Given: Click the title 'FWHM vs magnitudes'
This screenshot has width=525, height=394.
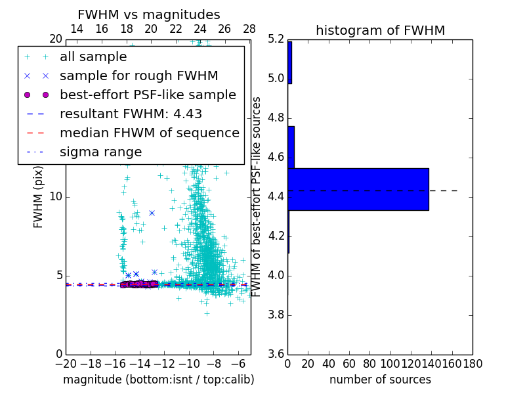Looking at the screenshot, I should pyautogui.click(x=149, y=14).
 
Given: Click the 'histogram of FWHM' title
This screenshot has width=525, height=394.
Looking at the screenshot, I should pyautogui.click(x=380, y=30).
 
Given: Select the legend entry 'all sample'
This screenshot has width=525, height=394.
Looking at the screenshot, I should pyautogui.click(x=93, y=56).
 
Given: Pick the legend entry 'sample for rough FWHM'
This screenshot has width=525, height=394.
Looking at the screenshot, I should pyautogui.click(x=138, y=76).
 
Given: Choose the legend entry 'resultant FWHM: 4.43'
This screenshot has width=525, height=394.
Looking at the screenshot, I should pyautogui.click(x=131, y=114).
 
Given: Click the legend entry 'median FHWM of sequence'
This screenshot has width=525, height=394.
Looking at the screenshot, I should pyautogui.click(x=149, y=133).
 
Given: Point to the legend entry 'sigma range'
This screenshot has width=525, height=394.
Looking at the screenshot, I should pyautogui.click(x=100, y=152).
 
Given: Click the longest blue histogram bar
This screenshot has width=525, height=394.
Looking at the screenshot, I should pyautogui.click(x=358, y=189).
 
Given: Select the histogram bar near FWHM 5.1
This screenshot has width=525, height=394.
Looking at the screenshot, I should pyautogui.click(x=289, y=62).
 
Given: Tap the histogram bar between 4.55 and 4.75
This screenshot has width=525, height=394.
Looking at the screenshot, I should pyautogui.click(x=291, y=147).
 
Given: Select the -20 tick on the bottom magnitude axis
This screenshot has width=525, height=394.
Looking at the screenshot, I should pyautogui.click(x=66, y=363).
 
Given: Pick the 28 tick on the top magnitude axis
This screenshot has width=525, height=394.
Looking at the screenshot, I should pyautogui.click(x=249, y=29).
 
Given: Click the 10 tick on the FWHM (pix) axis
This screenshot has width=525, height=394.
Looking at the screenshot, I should pyautogui.click(x=56, y=197).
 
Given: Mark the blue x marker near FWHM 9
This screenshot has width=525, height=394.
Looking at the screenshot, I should pyautogui.click(x=152, y=213).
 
